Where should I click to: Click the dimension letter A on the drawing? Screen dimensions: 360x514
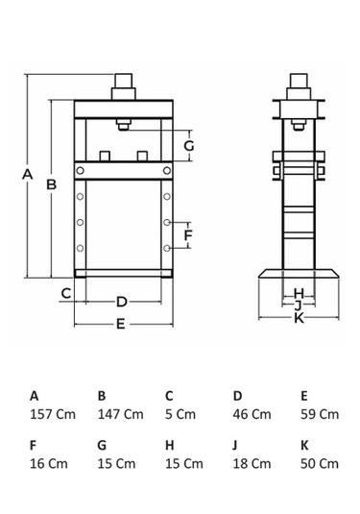click(x=28, y=174)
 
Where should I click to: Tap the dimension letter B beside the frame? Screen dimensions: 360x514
click(x=51, y=184)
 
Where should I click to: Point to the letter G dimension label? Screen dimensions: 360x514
click(x=189, y=145)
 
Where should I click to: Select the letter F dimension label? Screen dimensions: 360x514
click(x=188, y=235)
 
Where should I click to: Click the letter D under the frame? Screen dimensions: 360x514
click(x=122, y=302)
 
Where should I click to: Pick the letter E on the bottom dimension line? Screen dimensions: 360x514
click(x=121, y=324)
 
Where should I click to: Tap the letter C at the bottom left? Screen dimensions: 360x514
click(x=66, y=293)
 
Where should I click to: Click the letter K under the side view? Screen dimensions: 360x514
click(x=300, y=318)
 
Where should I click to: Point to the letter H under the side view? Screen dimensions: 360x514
click(x=299, y=293)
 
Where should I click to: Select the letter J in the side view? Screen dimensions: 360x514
click(x=298, y=306)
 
